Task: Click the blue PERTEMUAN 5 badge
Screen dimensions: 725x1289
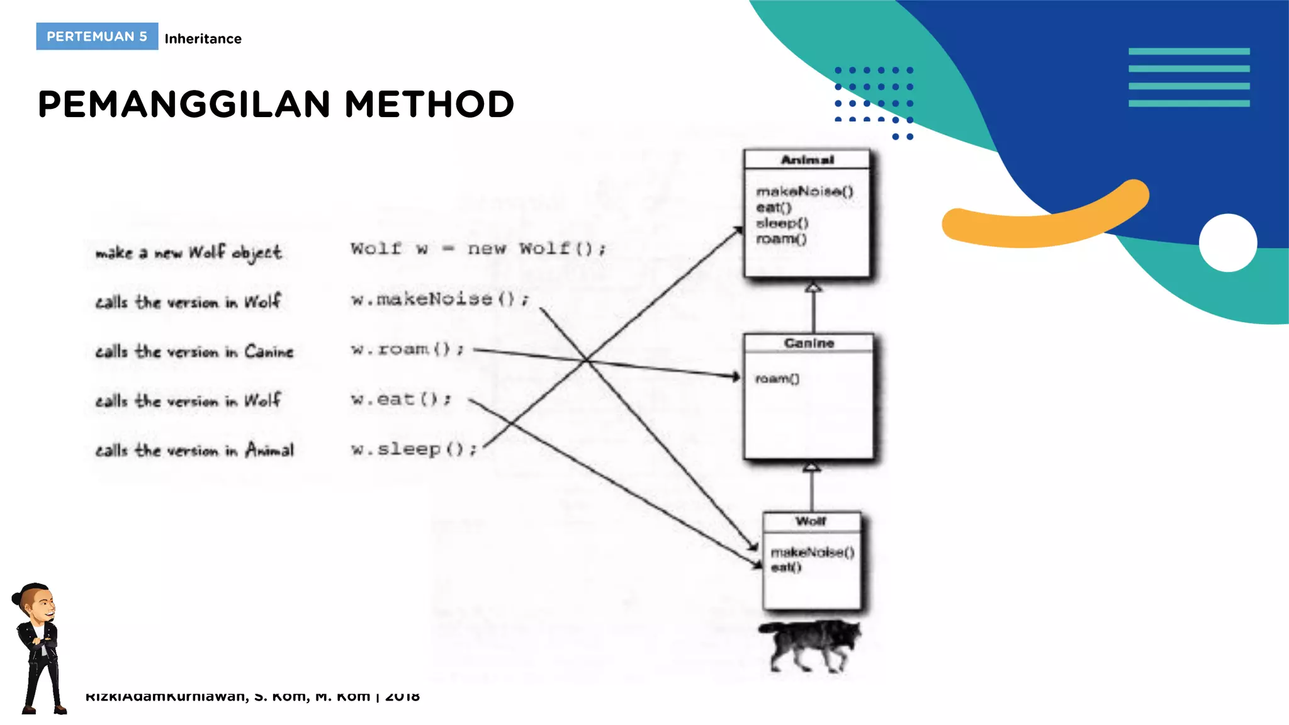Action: pos(97,37)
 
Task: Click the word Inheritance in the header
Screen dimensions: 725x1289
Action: pos(203,39)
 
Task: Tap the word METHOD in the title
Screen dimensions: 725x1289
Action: pos(429,104)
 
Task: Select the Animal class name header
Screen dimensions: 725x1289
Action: pos(807,160)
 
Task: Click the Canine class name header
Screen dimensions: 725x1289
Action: pos(809,343)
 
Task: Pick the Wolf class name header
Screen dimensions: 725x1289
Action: pos(811,521)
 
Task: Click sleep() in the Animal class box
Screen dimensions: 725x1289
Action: pos(782,223)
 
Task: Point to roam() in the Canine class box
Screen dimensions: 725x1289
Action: pos(777,378)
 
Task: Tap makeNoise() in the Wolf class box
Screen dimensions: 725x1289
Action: pos(812,552)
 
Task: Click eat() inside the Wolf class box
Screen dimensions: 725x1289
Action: pos(786,567)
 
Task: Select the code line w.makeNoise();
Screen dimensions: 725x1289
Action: pos(440,298)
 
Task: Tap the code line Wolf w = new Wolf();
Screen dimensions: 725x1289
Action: pos(478,249)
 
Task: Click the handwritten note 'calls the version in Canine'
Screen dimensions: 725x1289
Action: pos(194,351)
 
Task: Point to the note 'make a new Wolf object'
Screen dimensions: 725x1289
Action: pos(188,252)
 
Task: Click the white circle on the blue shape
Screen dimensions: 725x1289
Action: pos(1227,243)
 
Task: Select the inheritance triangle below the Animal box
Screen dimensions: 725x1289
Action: pos(813,288)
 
